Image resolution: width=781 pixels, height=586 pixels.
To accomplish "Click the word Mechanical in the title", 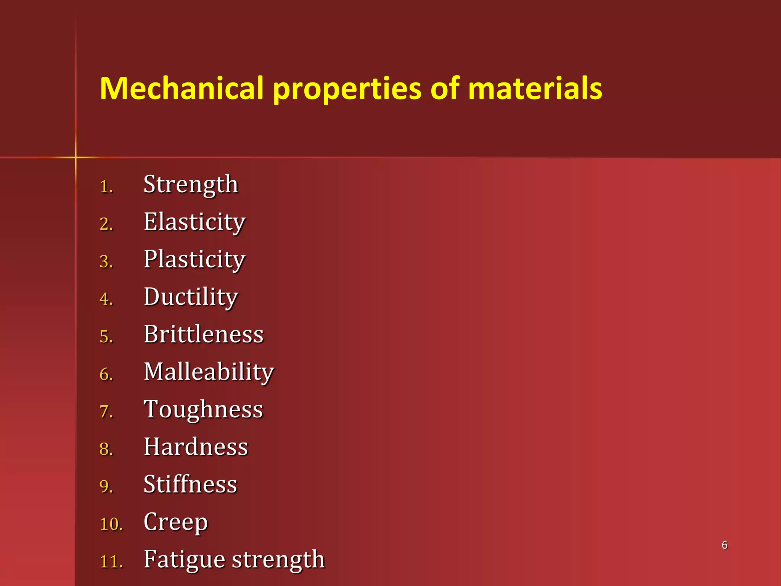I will point(182,89).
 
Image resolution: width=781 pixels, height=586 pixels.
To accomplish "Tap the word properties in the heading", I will point(347,89).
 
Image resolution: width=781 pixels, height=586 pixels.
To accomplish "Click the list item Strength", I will point(191,185).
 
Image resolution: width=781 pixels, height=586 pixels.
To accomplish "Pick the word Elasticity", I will point(194,222).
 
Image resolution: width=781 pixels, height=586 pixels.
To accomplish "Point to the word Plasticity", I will point(194,259).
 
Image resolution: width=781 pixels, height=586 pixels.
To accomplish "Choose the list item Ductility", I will point(191,297).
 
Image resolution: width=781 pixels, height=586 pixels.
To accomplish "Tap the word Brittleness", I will point(204,334).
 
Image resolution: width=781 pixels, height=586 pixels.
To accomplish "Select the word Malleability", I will point(209,372).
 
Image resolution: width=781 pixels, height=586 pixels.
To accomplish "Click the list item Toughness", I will point(203,409).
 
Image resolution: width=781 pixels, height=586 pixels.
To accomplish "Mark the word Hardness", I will point(196,447).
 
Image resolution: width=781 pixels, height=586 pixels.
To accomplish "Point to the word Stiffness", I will point(190,484).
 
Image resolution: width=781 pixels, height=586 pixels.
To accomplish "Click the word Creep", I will point(176,522).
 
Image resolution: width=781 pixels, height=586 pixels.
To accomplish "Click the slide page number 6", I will point(725,545).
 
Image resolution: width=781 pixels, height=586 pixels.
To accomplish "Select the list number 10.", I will point(111,524).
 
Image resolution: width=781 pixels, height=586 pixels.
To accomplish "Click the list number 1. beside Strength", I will point(106,187).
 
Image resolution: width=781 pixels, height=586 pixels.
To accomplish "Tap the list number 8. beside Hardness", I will point(106,449).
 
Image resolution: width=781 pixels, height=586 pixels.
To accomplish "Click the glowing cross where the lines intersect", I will point(76,157).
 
